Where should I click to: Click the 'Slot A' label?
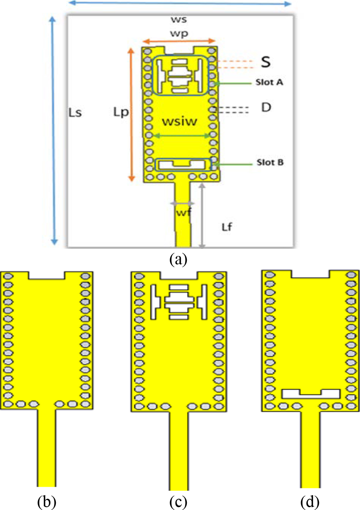click(269, 82)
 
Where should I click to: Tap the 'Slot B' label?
click(270, 162)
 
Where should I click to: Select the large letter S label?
click(266, 62)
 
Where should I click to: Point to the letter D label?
click(266, 107)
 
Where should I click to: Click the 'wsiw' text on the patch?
click(179, 122)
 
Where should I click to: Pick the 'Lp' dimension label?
click(121, 112)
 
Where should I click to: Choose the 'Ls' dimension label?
click(75, 113)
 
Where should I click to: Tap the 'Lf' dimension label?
click(227, 227)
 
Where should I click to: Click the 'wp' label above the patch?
click(179, 34)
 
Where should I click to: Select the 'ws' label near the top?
click(179, 20)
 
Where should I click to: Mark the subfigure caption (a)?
click(178, 259)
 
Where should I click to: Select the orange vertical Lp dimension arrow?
click(131, 115)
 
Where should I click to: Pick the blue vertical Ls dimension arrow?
click(53, 131)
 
